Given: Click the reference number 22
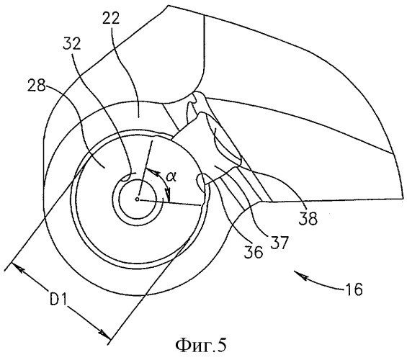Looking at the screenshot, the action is pos(111,19).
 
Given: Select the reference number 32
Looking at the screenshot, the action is pos(72,44).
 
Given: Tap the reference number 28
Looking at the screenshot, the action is pos(36,85).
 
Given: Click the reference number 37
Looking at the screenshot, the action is pos(279,243).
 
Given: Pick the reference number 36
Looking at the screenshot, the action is pos(254,251).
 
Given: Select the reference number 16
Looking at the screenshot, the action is pos(354,289).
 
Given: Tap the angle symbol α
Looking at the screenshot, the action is pos(171,177).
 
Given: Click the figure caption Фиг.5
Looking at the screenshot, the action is pos(201,345).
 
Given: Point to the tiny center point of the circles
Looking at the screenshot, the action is pos(138,199).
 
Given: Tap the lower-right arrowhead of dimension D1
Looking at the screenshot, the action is pos(104,334).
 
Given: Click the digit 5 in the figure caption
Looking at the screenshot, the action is pos(221,345).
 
